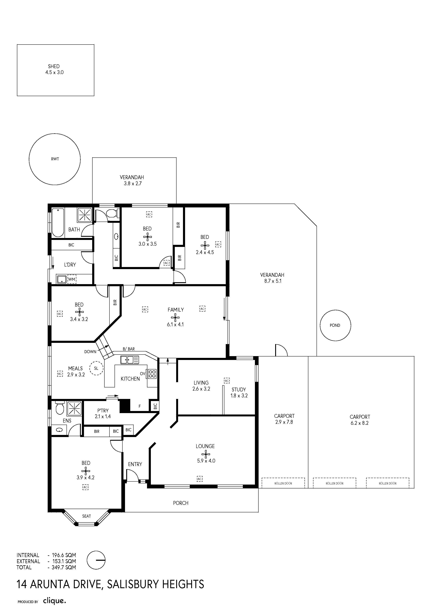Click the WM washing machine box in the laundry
pos(72,279)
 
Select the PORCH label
pos(181,503)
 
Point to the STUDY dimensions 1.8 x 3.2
pos(239,396)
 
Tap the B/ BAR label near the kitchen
pos(129,349)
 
